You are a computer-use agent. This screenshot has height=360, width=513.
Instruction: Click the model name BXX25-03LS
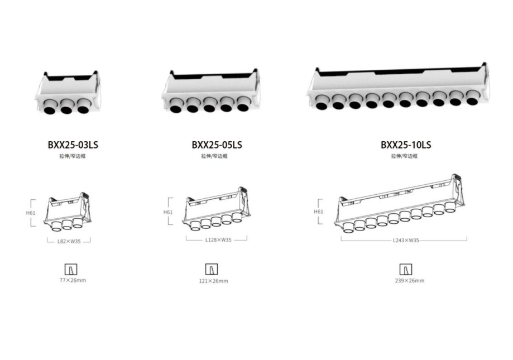73,145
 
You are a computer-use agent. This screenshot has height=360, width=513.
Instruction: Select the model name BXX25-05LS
217,145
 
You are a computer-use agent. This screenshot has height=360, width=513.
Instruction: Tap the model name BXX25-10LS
406,145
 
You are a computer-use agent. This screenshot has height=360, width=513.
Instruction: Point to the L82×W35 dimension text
69,242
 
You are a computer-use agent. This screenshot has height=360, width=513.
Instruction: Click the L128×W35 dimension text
218,240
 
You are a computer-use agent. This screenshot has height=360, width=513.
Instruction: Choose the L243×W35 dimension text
406,241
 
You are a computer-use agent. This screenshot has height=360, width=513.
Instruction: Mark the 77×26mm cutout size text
73,280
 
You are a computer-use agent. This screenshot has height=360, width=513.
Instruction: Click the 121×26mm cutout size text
213,281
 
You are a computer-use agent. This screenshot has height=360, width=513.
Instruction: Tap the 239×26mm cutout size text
410,281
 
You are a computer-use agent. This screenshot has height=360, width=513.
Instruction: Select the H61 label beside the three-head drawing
31,213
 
